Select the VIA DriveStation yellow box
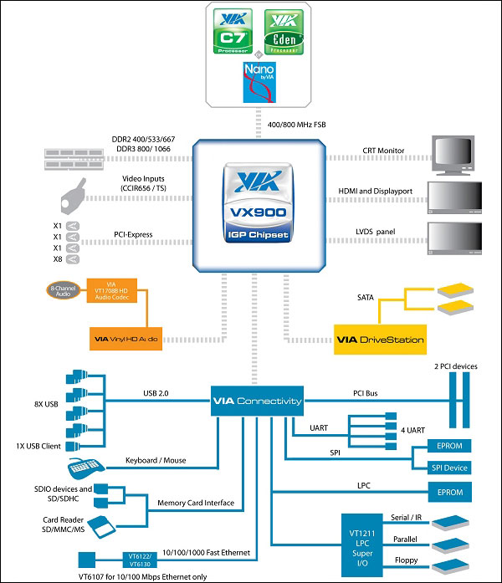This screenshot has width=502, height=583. pos(380,340)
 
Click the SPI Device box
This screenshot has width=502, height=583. pos(449,468)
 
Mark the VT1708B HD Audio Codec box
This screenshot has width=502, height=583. pos(120,295)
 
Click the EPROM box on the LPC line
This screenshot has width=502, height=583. pos(449,493)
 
